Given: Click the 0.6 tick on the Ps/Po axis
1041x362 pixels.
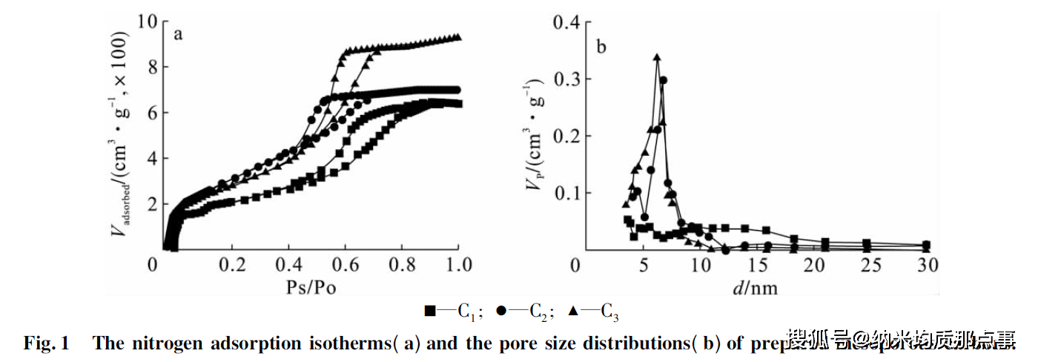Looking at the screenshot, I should [344, 265].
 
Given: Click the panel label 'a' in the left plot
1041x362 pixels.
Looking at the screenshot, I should [178, 34].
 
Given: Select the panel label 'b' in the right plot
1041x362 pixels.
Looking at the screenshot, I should [601, 48].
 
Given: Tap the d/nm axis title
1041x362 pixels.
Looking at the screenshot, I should [756, 286].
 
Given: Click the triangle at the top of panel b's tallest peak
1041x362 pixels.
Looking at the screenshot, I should [656, 56].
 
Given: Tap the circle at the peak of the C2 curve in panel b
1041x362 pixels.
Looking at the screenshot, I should [664, 80].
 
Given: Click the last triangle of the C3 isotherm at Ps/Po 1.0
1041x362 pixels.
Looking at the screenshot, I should [458, 36].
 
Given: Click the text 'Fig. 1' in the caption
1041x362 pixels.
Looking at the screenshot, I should [46, 343].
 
